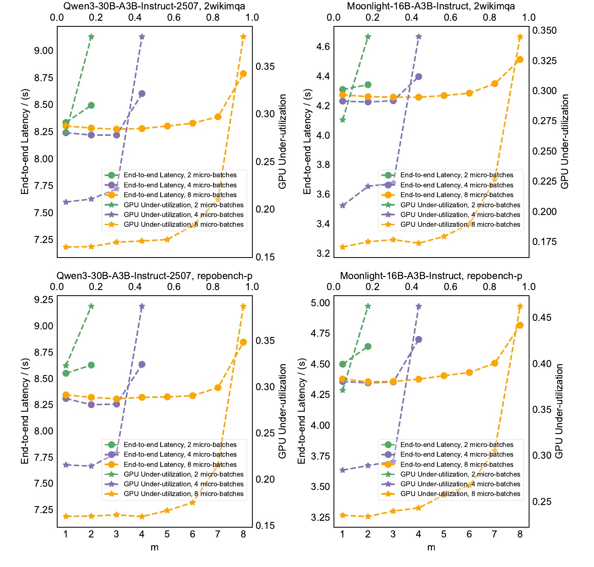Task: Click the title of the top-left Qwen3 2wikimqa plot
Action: [154, 6]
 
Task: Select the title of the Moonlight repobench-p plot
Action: [431, 275]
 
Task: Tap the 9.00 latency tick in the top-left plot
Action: [43, 50]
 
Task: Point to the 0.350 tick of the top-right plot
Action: [544, 30]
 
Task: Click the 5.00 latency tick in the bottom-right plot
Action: [320, 303]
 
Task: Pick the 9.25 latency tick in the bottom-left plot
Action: [43, 299]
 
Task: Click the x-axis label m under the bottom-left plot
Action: [155, 547]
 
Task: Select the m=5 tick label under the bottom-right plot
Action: [443, 534]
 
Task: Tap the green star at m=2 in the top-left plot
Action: [91, 37]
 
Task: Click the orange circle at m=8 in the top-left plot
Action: [243, 73]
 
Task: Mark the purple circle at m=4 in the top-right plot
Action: [418, 77]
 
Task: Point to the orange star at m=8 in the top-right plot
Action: [520, 37]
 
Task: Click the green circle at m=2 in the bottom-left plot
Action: [91, 365]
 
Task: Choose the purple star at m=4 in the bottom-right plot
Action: [418, 306]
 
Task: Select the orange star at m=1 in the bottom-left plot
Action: [66, 516]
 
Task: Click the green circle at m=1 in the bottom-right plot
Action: [342, 364]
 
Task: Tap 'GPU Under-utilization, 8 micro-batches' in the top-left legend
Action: [183, 224]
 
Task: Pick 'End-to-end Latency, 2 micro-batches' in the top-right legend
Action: [456, 175]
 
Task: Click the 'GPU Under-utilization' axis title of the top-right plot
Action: [564, 141]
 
